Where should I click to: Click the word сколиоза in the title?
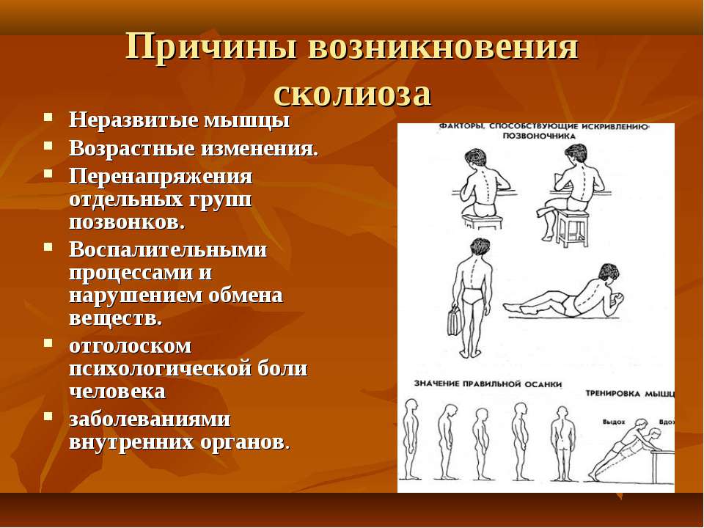pos(353,94)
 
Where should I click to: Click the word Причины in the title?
pos(210,46)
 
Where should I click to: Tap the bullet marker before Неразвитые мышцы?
pos(48,117)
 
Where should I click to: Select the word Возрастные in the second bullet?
pos(132,149)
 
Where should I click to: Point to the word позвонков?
pos(127,222)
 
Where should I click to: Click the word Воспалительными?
pos(168,249)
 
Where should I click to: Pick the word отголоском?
pos(131,346)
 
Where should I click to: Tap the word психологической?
pos(161,369)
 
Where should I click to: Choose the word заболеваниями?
pos(150,419)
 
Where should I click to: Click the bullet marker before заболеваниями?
pos(48,416)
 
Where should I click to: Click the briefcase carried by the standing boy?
pos(455,321)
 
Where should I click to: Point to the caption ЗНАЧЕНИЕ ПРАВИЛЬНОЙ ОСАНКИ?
pos(488,384)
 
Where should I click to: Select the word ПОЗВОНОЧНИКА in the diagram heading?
pos(539,136)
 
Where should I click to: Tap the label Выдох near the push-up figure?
pos(613,422)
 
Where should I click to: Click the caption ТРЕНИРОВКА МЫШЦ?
pos(630,394)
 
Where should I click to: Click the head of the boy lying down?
pos(608,273)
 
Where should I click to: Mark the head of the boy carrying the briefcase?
pos(480,247)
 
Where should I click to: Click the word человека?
pos(117,392)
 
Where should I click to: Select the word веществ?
pos(115,319)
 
